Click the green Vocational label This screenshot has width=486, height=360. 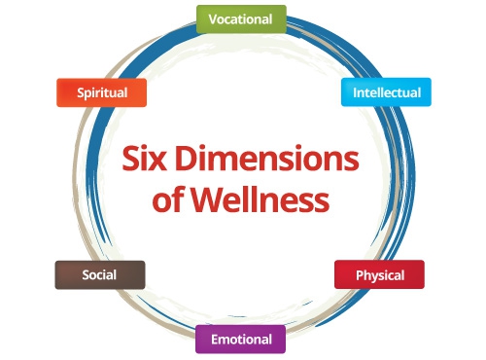[x=241, y=19]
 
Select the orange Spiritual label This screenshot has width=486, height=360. [x=101, y=92]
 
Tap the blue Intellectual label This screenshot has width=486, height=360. [x=386, y=92]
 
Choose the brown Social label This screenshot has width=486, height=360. [x=99, y=275]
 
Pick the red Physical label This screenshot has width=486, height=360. [x=379, y=275]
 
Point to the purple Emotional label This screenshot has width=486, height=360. [x=241, y=340]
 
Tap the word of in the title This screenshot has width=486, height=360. [x=172, y=201]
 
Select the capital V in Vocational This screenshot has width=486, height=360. [x=214, y=19]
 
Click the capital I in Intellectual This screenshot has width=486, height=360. [x=356, y=93]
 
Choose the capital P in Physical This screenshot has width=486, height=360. [x=359, y=275]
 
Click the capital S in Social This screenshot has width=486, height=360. [x=86, y=275]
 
